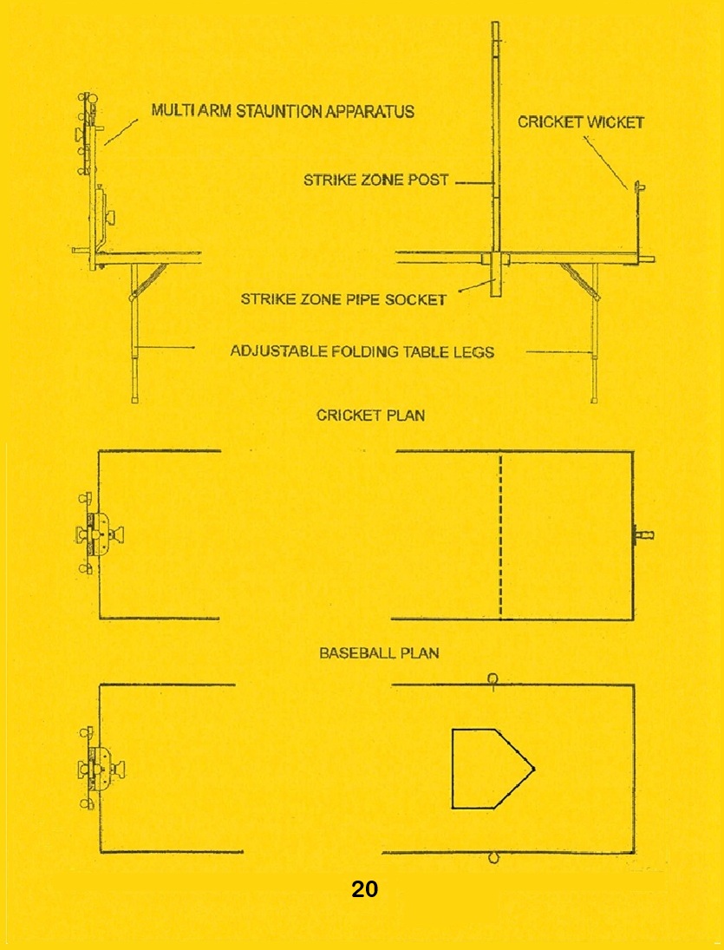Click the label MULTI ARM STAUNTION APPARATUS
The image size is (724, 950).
tap(283, 111)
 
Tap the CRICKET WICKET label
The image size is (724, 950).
tap(581, 121)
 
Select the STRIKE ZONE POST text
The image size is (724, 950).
tap(376, 180)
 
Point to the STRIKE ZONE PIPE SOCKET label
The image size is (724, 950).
tap(344, 299)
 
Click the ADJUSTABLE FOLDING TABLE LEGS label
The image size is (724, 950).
tap(362, 351)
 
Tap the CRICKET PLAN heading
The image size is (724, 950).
tap(370, 416)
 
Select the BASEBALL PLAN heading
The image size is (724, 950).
tap(379, 653)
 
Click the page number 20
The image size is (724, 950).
tap(364, 888)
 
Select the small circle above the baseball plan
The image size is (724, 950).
tap(492, 679)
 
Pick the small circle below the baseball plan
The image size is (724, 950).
tap(492, 858)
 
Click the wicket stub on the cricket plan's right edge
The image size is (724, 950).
tap(642, 535)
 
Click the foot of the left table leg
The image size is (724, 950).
tap(134, 399)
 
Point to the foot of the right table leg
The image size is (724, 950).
tap(595, 399)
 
